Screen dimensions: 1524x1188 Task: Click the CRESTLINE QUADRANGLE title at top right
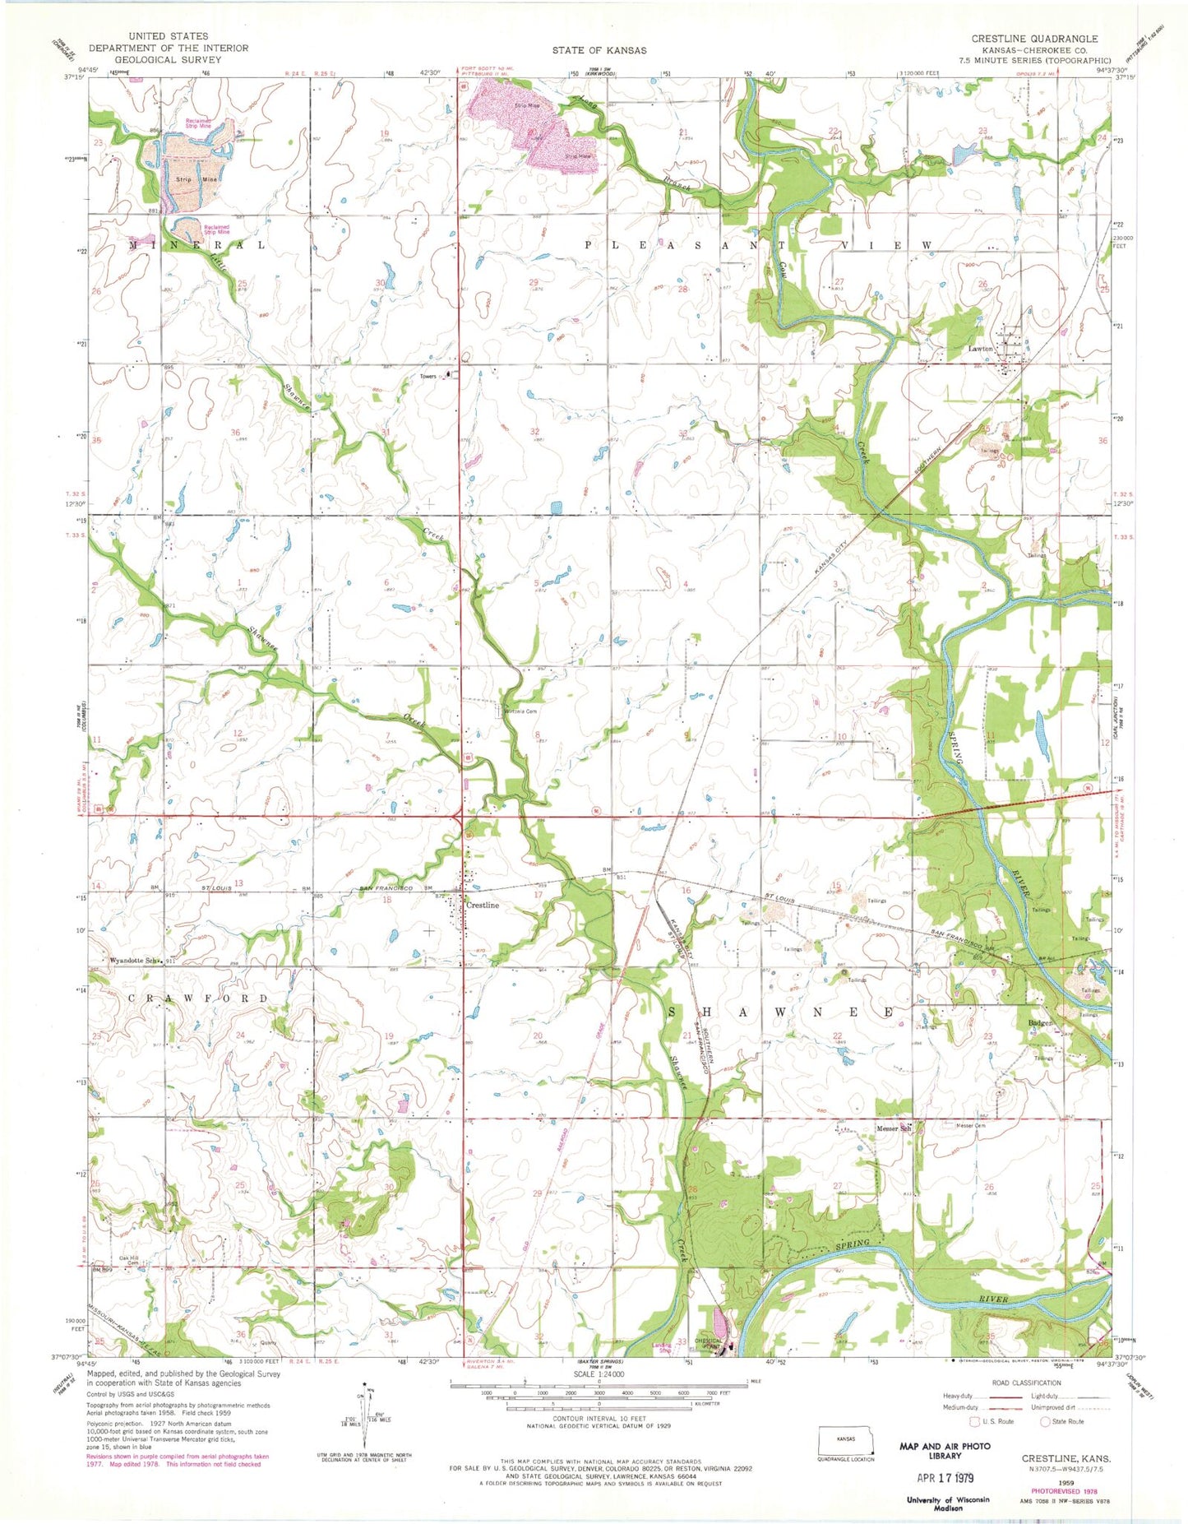pos(1033,39)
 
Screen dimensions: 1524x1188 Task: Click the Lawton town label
pos(980,349)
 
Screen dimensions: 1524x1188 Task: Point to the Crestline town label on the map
pos(483,905)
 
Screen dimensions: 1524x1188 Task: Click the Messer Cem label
pos(970,1125)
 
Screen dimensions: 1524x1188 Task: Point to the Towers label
pos(428,376)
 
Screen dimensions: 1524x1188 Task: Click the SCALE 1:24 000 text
pos(598,1374)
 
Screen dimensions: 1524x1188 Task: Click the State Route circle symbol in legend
pos(1046,1421)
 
